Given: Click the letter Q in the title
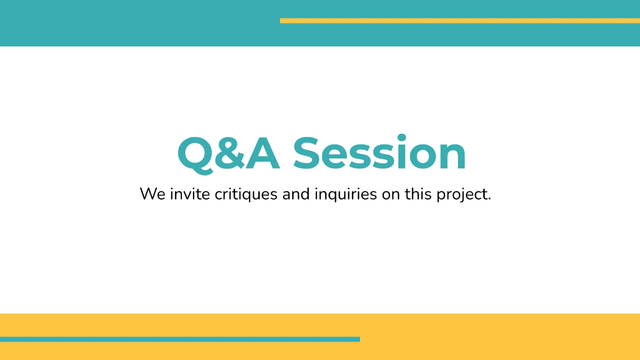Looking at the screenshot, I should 196,154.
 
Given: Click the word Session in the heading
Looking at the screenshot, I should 379,154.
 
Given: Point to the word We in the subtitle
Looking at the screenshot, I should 153,194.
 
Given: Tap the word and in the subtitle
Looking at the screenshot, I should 296,194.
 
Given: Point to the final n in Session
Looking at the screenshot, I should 452,158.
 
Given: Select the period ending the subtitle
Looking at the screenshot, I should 489,199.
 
